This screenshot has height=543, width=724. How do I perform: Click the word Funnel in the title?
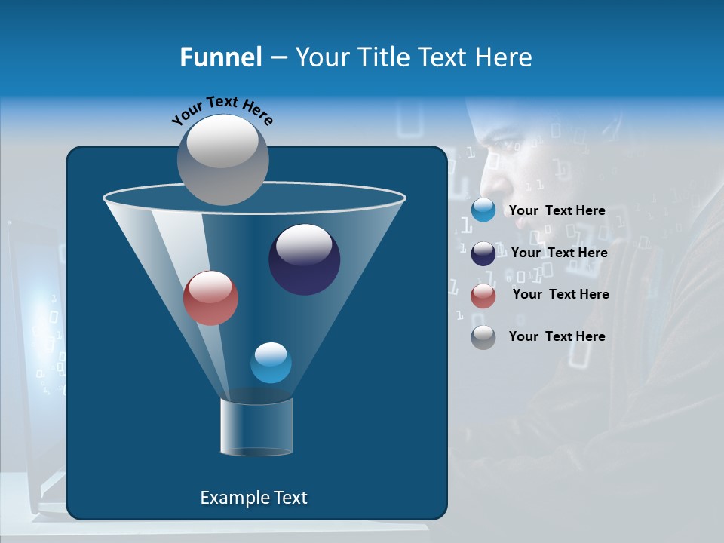[x=220, y=57]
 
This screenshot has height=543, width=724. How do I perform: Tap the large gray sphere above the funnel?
[x=223, y=159]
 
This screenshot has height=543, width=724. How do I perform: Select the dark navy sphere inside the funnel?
[x=304, y=259]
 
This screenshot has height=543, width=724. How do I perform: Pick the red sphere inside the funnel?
[x=210, y=297]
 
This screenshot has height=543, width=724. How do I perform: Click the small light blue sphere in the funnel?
[x=271, y=362]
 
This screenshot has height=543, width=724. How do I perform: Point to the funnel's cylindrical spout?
[x=256, y=427]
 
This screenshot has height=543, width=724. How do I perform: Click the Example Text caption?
[x=253, y=498]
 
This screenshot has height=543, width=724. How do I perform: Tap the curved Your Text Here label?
[x=222, y=111]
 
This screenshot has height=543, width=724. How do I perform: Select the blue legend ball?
[x=483, y=210]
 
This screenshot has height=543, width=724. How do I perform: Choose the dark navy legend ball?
[x=483, y=253]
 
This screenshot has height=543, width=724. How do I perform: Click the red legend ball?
[x=483, y=296]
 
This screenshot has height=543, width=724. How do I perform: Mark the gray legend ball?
[x=483, y=337]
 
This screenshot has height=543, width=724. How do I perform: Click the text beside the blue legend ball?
[x=557, y=211]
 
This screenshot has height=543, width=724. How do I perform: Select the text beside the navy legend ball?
[x=559, y=253]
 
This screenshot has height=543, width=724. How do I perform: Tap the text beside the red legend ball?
[x=560, y=295]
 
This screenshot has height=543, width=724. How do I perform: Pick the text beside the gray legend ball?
[x=557, y=336]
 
